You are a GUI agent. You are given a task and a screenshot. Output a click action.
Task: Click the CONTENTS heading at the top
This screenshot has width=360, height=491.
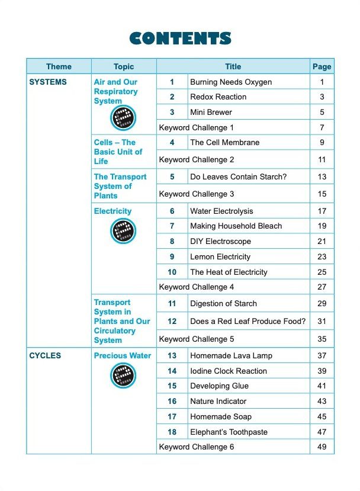180,38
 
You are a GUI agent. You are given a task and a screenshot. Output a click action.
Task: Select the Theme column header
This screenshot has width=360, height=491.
59,66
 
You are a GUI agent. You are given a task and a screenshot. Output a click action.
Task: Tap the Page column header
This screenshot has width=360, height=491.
322,66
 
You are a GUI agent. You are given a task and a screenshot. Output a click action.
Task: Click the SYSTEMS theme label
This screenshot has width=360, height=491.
48,82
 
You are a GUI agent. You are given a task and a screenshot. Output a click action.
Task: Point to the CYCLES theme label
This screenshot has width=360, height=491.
45,355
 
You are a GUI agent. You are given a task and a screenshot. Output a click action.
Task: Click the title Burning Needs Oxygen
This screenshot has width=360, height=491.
231,82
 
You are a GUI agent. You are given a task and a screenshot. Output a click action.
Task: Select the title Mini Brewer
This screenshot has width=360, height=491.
211,112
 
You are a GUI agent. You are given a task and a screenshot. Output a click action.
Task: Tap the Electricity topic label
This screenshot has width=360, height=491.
112,211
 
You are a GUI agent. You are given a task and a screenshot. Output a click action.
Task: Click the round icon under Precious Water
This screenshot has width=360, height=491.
123,376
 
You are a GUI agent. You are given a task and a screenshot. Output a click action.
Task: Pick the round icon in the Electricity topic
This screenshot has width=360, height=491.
123,231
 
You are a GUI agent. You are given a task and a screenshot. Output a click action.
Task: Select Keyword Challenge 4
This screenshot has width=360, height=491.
197,287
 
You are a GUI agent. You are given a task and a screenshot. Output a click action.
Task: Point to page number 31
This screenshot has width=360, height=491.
322,321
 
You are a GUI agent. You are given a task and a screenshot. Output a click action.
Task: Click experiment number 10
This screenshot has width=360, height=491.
172,272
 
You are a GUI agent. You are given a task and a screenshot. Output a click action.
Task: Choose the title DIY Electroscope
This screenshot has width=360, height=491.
220,241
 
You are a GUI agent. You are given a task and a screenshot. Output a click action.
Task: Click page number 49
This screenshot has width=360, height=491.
322,447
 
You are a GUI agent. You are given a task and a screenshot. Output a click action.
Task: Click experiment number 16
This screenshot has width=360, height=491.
172,401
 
